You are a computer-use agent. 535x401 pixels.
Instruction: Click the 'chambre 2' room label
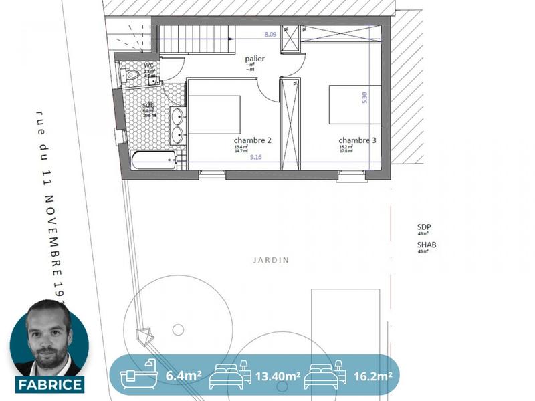point(252,140)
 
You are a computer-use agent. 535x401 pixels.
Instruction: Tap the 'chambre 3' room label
point(356,140)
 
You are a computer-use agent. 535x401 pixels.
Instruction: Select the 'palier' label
point(255,59)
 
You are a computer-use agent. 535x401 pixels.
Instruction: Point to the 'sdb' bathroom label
point(148,106)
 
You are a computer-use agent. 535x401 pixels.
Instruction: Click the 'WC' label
point(149,65)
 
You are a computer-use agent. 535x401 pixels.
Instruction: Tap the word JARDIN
point(272,260)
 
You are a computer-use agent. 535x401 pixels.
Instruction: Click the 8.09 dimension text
point(270,34)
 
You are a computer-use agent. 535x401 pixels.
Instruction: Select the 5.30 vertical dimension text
point(364,97)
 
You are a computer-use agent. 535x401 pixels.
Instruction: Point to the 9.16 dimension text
point(256,158)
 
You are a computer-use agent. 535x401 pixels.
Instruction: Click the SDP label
point(425,227)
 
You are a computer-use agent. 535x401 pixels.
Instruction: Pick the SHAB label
point(427,245)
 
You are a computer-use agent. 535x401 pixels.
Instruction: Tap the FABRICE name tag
point(50,384)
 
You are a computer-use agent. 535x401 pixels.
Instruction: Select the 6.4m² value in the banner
point(183,376)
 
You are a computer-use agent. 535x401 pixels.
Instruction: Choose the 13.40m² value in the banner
point(277,376)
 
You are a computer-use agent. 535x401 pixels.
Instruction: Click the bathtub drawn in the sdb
point(154,160)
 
